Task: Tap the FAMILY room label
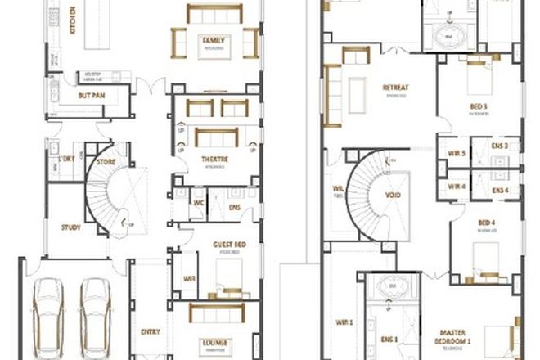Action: coord(214,40)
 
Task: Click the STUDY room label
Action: coord(71,227)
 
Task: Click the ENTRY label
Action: coord(150,331)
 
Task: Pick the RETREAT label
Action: coord(395,88)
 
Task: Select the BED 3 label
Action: coord(479,106)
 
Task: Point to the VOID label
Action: coord(392,196)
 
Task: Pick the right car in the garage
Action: coord(97,307)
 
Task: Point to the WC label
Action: coord(197,203)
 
